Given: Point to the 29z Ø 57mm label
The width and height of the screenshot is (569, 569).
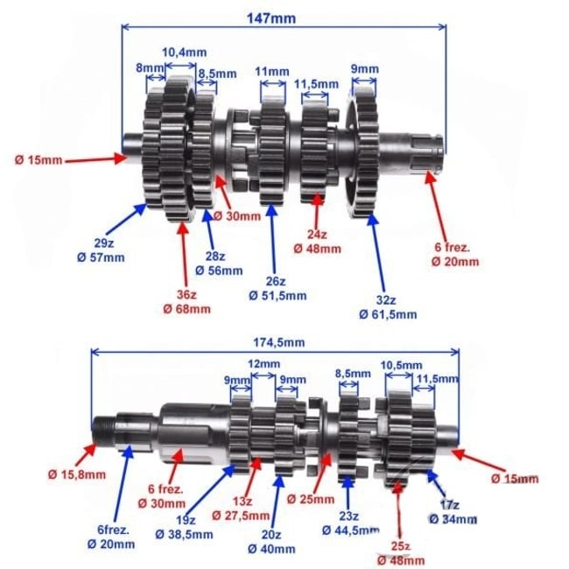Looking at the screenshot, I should coord(106,249).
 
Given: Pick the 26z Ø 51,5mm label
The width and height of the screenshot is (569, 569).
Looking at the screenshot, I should coord(274,288).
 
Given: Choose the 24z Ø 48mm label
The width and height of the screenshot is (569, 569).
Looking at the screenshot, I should coord(317,241).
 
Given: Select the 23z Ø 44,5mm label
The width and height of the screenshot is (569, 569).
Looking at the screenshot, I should coord(348,522).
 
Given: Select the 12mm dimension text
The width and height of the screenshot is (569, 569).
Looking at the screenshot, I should coord(263,363).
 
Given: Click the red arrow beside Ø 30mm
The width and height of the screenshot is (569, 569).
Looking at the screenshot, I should coord(217,184).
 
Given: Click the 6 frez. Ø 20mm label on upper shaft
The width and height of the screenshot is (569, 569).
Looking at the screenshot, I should coord(456,253).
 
